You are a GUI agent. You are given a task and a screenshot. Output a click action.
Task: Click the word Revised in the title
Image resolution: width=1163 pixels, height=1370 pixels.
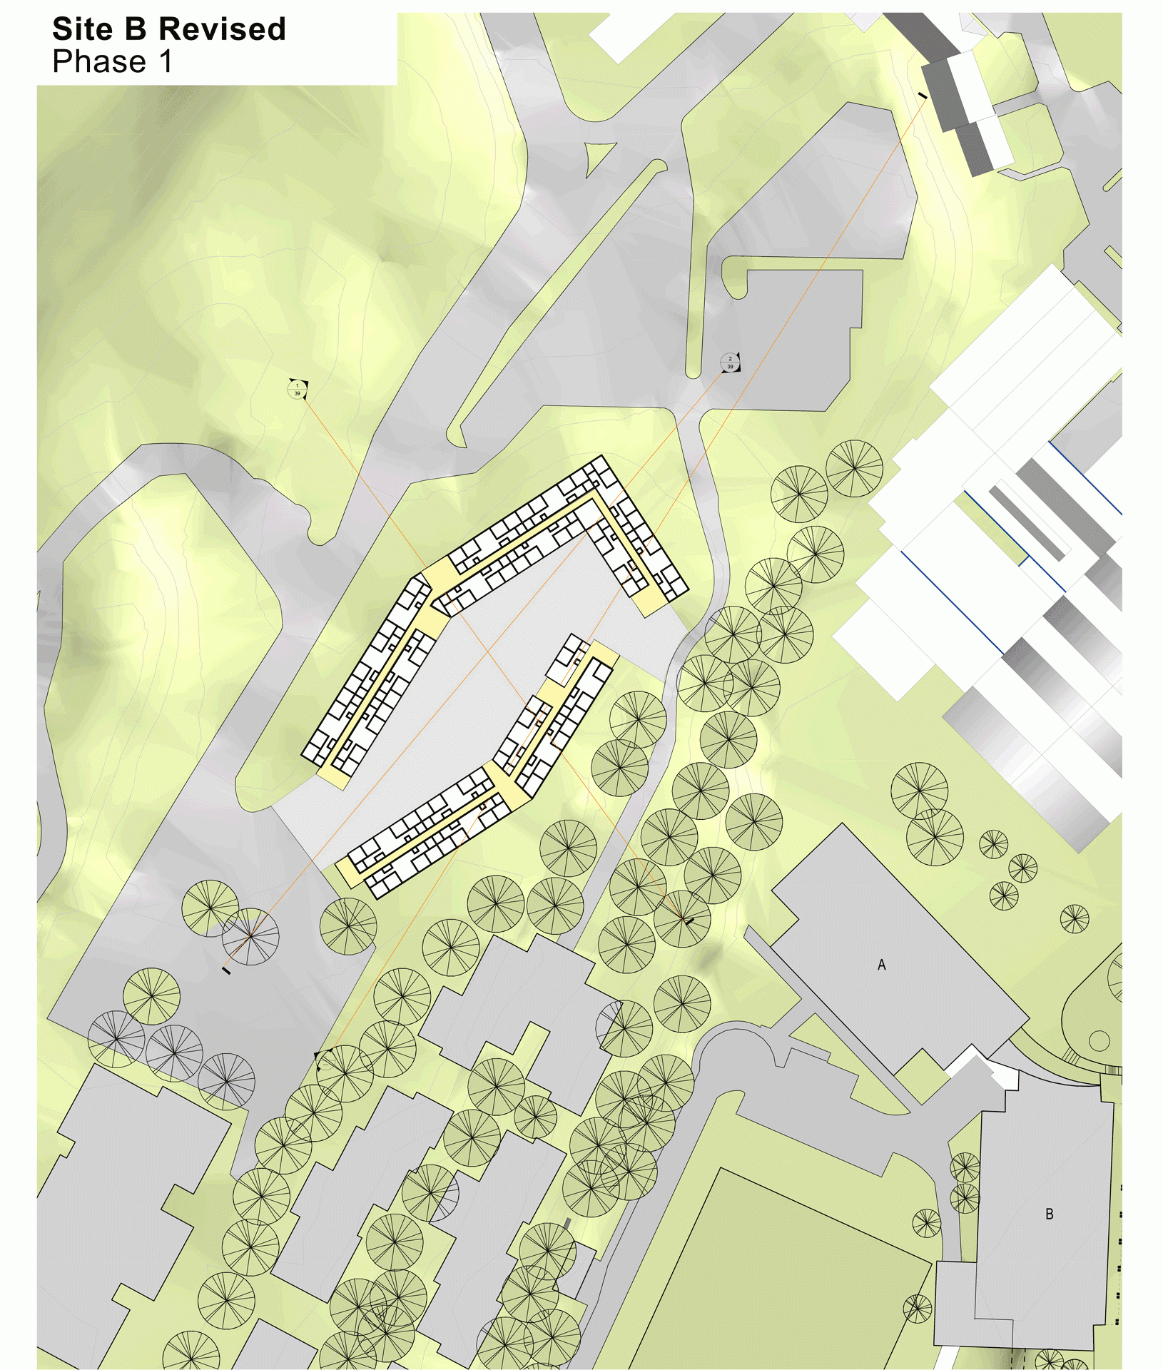222,29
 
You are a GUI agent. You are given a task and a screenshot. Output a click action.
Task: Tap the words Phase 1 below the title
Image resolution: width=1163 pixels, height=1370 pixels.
112,62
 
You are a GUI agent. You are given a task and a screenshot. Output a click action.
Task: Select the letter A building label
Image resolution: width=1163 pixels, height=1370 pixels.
881,965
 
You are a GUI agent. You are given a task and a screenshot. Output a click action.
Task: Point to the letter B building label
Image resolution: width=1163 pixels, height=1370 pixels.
1049,1214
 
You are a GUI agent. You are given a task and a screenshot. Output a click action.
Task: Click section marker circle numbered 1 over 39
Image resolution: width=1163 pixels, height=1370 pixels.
298,389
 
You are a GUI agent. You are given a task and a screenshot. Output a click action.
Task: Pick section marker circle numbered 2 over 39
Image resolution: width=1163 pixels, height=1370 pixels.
730,362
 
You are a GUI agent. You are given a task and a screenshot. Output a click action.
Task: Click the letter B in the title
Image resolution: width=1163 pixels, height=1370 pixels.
136,29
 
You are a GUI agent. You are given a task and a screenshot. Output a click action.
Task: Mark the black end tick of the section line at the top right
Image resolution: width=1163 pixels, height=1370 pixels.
923,96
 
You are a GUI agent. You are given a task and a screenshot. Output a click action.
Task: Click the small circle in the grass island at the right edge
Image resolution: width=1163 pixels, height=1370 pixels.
1099,1040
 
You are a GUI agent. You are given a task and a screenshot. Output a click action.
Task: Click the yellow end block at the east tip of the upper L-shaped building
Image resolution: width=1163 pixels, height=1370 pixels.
649,604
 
